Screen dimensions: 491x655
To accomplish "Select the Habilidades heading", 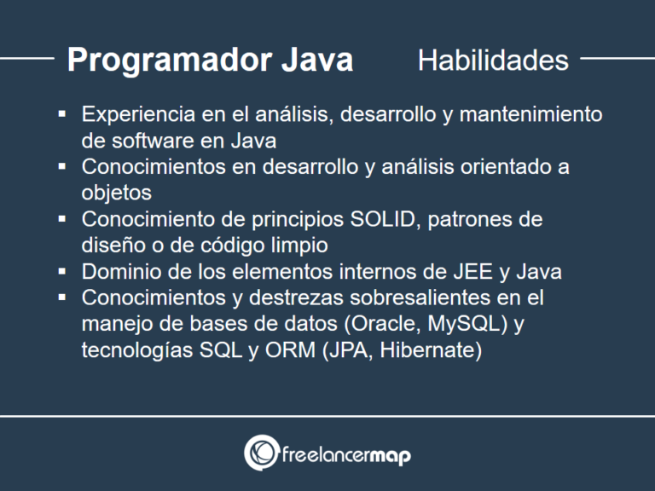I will click(493, 61).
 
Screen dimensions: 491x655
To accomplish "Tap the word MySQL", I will click(465, 325).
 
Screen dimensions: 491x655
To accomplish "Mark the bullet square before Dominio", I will click(62, 272).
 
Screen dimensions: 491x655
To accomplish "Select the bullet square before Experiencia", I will click(62, 113).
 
